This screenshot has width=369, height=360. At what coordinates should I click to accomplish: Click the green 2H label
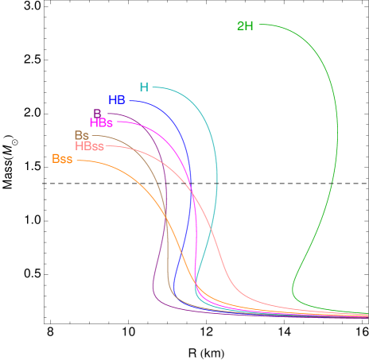[x=245, y=25]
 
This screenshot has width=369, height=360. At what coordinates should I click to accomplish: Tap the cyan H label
[x=144, y=87]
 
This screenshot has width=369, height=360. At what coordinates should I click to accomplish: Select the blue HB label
[x=117, y=100]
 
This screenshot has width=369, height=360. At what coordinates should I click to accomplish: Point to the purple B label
[x=97, y=114]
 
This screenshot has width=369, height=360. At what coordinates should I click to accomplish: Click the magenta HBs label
[x=101, y=123]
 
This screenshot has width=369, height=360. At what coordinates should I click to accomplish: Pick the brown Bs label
[x=82, y=135]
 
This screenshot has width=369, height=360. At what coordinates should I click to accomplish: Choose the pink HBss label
[x=90, y=146]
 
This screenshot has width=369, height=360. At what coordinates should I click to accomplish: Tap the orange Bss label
[x=62, y=159]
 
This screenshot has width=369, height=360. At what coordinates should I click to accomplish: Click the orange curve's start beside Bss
[x=78, y=161]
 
